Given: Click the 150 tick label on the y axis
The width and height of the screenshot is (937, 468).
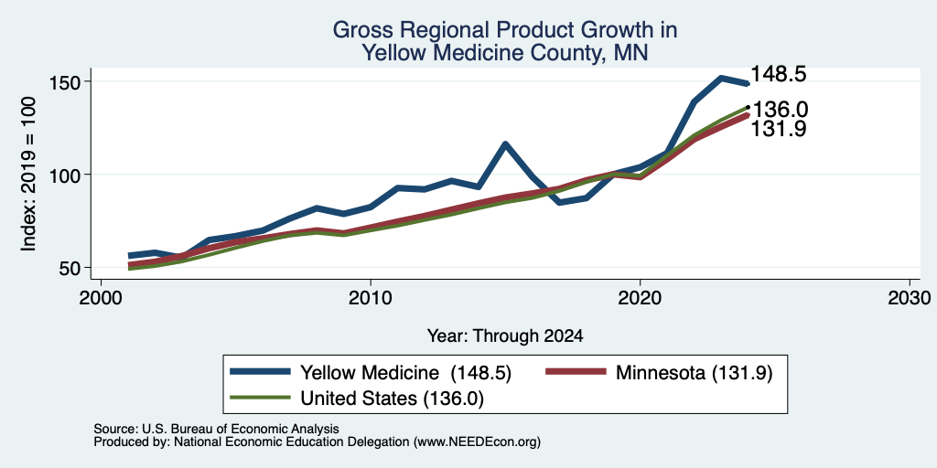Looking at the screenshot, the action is coord(70,81).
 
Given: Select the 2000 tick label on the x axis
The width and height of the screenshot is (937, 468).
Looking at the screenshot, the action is coord(101,297).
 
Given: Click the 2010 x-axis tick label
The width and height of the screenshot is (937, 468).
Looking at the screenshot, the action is coord(371,297).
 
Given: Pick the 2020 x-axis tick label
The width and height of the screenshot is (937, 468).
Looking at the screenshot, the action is coord(640,297).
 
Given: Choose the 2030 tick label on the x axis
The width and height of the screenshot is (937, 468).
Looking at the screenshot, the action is coord(910,297).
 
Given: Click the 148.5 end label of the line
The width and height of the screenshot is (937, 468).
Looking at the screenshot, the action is coord(778,74).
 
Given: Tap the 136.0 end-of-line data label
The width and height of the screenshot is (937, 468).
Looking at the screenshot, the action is coord(780,110).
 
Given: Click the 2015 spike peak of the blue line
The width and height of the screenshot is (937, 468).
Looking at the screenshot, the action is coord(505,144).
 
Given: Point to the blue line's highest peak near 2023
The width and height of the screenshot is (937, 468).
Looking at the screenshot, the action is coord(721,78).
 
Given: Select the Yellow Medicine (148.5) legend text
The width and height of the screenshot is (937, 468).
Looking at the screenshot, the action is coord(405,373).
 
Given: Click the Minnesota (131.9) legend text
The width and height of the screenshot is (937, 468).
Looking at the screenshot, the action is coord(695,373).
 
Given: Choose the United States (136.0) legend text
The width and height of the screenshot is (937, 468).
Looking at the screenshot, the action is coord(392,399).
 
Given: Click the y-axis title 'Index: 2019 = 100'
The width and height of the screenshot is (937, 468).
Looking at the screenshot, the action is coord(28,175).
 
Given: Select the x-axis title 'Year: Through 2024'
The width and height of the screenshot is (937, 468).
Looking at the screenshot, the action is coord(505,336).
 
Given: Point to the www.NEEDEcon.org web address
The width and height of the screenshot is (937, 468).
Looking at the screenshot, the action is coord(477,442).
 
